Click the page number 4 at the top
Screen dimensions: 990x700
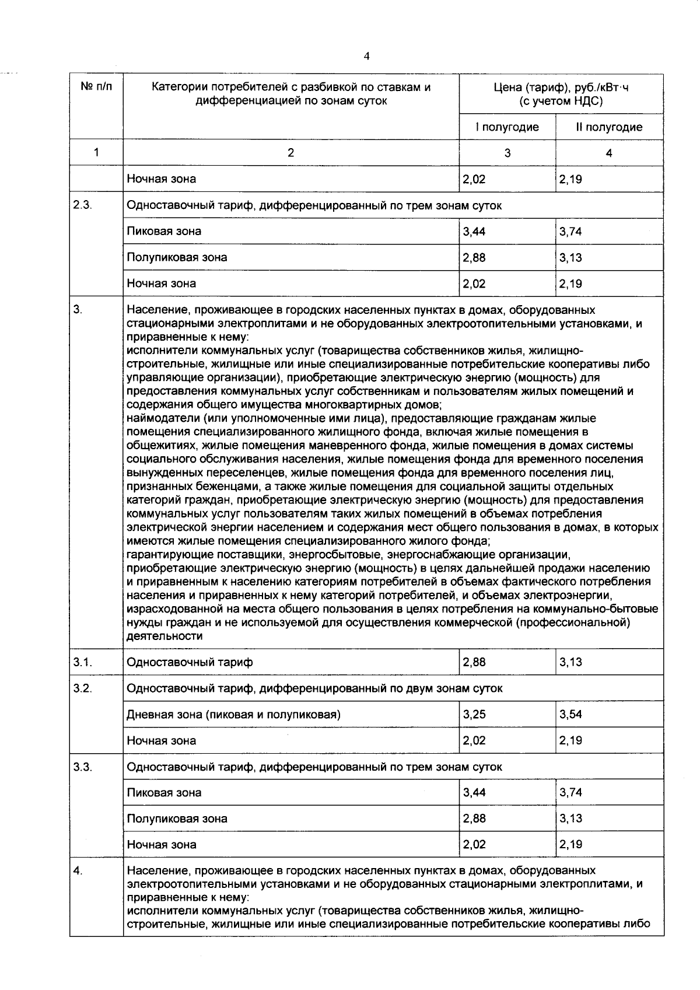pos(366,57)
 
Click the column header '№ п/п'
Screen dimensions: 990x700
pos(96,88)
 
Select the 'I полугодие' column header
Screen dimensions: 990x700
pos(507,127)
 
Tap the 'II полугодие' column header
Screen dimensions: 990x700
pos(609,127)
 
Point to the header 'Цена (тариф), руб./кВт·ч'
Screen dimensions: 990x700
pos(561,88)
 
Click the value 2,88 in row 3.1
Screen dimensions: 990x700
pos(474,662)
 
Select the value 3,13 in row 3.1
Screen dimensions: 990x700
pos(570,662)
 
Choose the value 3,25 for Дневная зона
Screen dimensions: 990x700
pos(474,714)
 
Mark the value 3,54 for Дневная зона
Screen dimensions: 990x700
pos(570,714)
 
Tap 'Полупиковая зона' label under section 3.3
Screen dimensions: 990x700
pos(177,818)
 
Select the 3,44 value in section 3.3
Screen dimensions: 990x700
pos(474,792)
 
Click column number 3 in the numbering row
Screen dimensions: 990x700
pos(507,153)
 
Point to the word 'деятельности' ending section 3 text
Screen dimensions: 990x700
pos(164,636)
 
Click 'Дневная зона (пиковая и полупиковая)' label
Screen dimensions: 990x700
pos(233,714)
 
